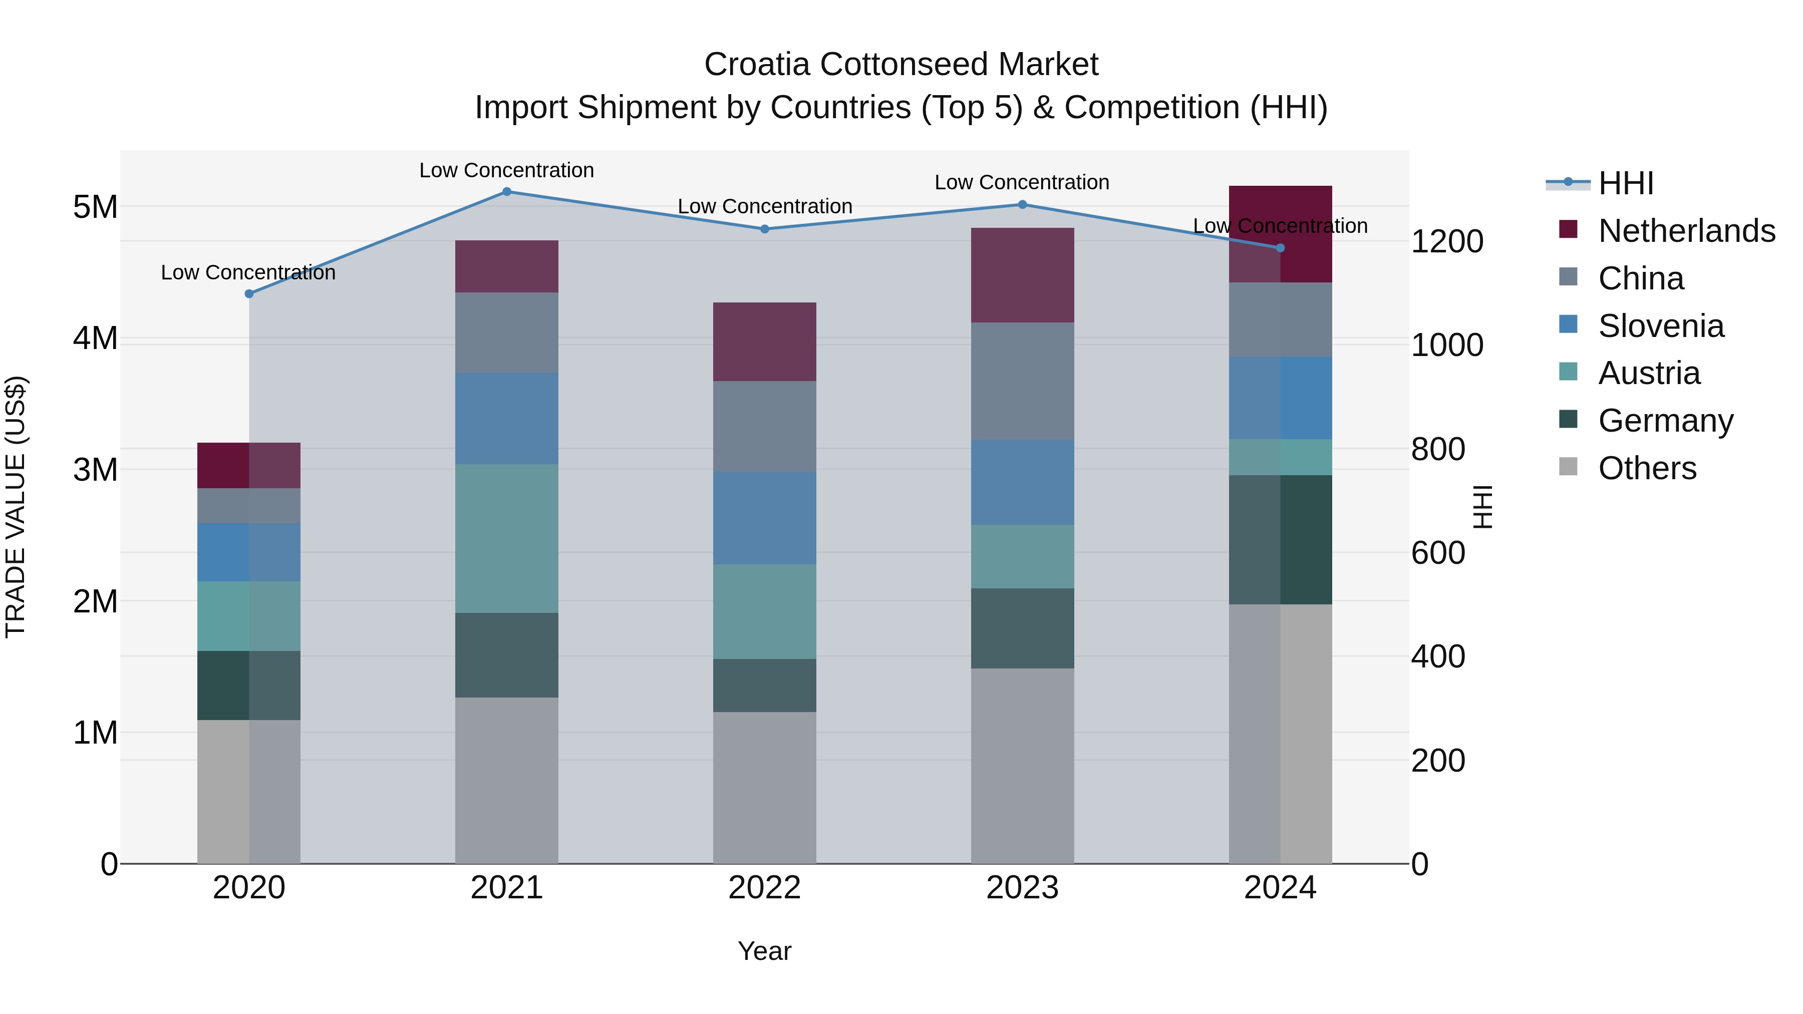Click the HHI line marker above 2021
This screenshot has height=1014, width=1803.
507,192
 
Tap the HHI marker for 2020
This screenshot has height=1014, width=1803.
249,294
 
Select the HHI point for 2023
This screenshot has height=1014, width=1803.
1022,205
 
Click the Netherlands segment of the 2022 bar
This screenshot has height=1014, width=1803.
764,342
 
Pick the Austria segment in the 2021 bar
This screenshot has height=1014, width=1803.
507,538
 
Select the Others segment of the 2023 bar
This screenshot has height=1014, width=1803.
1022,766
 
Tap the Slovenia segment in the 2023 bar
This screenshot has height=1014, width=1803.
1022,482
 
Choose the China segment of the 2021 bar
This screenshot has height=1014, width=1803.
507,332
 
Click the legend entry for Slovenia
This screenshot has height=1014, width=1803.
1661,326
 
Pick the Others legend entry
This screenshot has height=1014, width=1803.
1647,468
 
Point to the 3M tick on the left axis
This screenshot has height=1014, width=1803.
95,470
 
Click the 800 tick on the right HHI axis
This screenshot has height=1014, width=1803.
1437,449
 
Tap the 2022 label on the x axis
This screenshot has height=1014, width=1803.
764,888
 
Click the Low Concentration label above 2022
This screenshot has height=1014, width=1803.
764,206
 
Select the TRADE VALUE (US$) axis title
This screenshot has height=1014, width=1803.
16,507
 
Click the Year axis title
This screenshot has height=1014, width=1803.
764,951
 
